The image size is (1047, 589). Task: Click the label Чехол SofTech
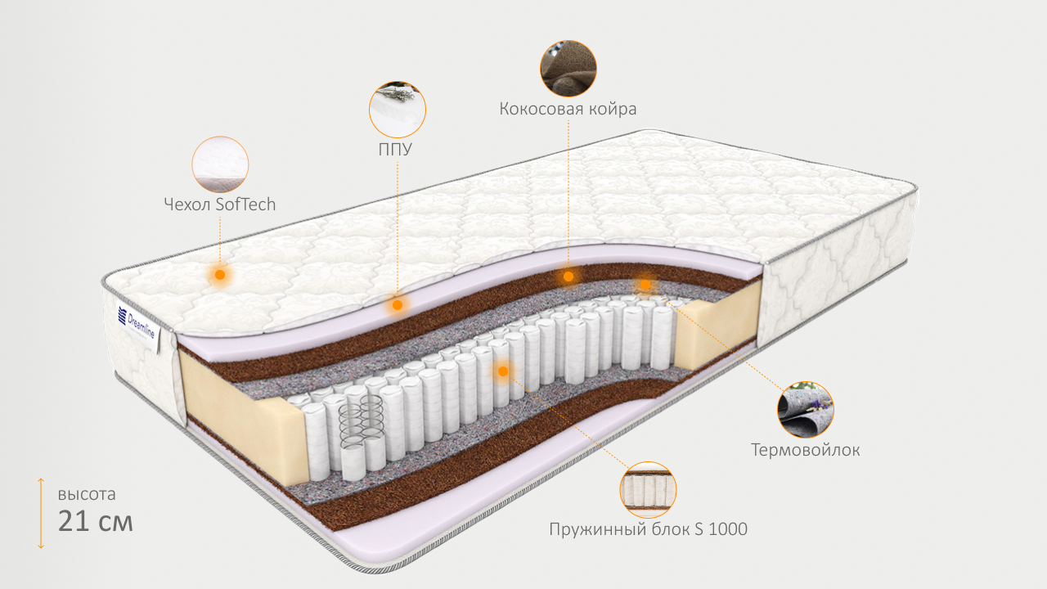(220, 205)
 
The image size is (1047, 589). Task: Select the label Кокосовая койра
(568, 109)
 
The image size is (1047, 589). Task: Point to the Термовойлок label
(806, 450)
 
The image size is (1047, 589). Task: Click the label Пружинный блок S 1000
(649, 529)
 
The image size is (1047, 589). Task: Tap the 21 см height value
(95, 521)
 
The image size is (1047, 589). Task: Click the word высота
(87, 494)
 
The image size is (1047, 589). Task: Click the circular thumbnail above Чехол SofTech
(220, 164)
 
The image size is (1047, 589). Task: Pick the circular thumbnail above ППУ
(398, 109)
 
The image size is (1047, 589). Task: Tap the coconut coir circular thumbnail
(568, 69)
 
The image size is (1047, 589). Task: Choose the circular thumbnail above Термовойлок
(806, 409)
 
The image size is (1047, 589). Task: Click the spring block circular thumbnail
(649, 490)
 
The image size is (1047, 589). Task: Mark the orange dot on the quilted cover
(219, 274)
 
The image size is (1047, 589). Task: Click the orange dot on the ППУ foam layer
(398, 304)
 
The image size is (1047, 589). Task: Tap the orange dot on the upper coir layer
(568, 277)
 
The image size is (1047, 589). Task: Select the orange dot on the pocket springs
(503, 371)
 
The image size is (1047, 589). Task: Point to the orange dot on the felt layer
(645, 284)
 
